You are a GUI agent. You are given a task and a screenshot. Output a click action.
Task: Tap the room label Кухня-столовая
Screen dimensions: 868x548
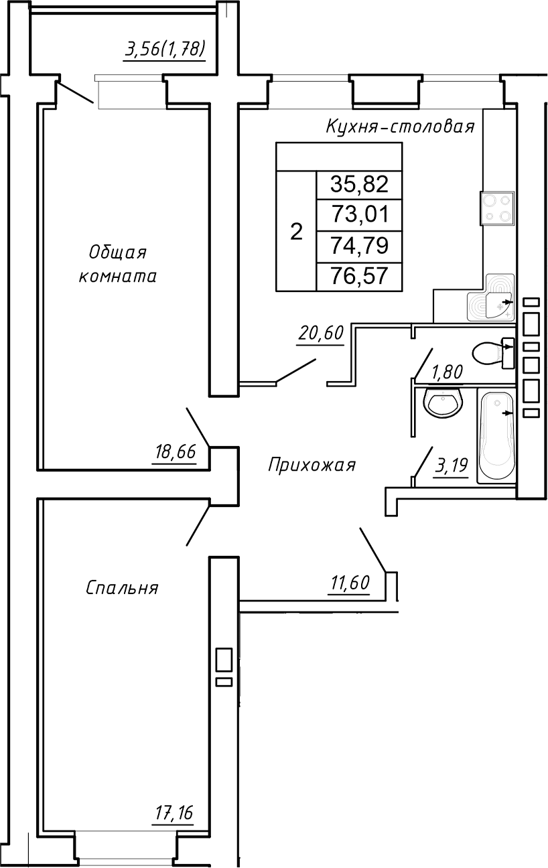[x=400, y=127]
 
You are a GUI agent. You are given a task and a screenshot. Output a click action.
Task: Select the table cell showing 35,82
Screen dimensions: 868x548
[x=359, y=184]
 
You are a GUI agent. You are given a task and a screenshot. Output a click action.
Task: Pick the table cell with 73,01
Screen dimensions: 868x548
[x=359, y=215]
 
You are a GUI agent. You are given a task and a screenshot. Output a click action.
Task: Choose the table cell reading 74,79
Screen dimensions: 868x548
[x=359, y=246]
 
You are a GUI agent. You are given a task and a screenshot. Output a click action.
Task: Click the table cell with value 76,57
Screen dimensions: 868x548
[x=359, y=276]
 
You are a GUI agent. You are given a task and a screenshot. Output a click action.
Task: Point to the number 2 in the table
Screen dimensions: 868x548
[x=296, y=232]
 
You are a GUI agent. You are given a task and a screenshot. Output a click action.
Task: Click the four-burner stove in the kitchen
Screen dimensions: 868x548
[x=497, y=208]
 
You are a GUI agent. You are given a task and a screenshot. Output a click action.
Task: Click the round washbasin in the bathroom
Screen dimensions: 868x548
[x=442, y=404]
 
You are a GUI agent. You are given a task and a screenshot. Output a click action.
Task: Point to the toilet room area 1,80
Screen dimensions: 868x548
[x=446, y=372]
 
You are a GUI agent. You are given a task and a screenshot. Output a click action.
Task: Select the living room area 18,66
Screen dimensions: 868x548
[x=175, y=453]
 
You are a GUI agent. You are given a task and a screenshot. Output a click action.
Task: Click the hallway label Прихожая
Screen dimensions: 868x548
[x=312, y=465]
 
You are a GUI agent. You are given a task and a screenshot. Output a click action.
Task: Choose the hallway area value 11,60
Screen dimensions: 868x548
[x=349, y=583]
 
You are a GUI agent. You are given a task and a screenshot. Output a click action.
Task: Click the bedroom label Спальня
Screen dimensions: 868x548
[x=122, y=588]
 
